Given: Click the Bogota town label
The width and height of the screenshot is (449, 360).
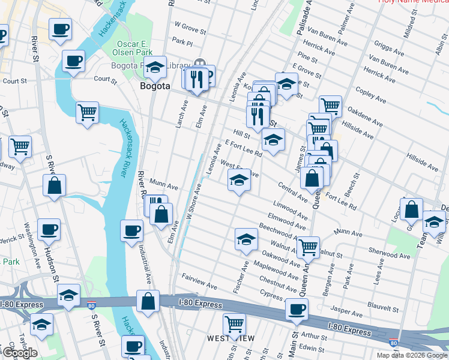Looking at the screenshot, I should (155, 86).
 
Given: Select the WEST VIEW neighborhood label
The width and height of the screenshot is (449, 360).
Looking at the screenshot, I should (231, 339).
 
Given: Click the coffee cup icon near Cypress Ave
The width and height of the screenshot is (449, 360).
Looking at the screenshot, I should (297, 310).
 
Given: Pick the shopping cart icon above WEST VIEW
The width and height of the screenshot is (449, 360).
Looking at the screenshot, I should (234, 325).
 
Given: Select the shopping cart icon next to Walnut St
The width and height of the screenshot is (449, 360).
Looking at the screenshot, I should (309, 246).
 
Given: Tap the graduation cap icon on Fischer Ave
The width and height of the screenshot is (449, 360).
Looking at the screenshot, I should (246, 239).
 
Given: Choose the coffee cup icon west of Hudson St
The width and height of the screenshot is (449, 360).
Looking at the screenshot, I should (49, 229).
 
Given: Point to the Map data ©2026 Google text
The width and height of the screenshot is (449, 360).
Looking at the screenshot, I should (412, 355).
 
